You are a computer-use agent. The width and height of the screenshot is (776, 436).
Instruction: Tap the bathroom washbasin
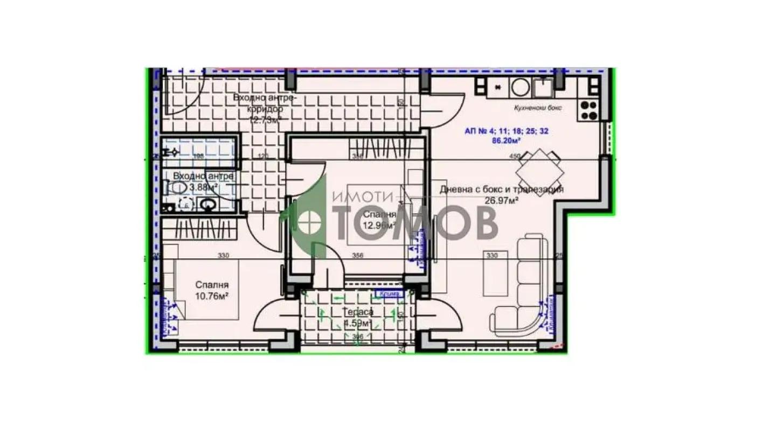pyautogui.click(x=207, y=205)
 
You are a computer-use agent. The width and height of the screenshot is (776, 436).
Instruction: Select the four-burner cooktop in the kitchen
pyautogui.click(x=588, y=110)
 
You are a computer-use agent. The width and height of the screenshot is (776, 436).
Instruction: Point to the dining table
pyautogui.click(x=539, y=173)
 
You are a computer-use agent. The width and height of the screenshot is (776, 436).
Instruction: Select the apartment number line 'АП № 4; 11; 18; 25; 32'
pyautogui.click(x=507, y=131)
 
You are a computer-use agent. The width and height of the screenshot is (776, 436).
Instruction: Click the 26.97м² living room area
pyautogui.click(x=501, y=200)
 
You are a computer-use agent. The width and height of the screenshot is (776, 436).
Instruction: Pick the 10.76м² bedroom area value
pyautogui.click(x=212, y=296)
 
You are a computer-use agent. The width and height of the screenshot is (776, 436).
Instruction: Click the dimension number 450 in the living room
pyautogui.click(x=515, y=157)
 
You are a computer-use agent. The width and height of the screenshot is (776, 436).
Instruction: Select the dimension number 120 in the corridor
pyautogui.click(x=263, y=157)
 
